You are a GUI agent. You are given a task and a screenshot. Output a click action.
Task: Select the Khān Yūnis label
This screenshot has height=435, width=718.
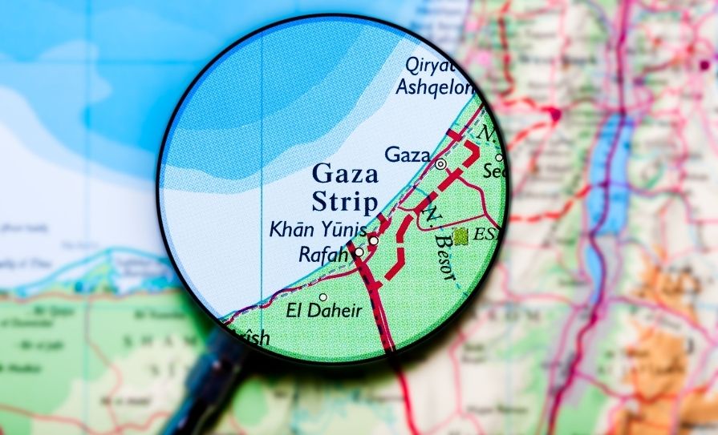click(317, 231)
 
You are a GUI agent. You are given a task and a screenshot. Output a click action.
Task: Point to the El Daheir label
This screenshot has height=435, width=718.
click(323, 311)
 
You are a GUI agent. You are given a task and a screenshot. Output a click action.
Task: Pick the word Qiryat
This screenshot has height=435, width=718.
click(431, 64)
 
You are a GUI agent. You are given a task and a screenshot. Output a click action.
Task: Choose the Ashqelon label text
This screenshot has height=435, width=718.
click(434, 87)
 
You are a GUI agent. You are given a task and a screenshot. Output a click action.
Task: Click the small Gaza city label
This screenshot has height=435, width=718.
click(408, 154)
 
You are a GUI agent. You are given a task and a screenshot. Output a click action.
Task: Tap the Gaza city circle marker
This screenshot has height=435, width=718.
click(440, 163)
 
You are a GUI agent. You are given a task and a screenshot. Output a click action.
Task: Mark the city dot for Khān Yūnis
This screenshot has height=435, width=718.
click(373, 240)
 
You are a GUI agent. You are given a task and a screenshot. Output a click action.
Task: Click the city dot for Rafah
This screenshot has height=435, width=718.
click(359, 252)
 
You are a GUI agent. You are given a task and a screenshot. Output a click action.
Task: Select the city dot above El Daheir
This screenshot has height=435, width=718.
click(322, 297)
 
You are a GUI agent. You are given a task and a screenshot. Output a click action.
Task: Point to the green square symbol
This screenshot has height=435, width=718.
click(460, 236)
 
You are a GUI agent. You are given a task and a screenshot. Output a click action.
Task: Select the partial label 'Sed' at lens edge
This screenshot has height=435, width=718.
click(493, 171)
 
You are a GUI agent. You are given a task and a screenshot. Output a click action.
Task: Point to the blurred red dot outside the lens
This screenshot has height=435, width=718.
click(554, 115)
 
